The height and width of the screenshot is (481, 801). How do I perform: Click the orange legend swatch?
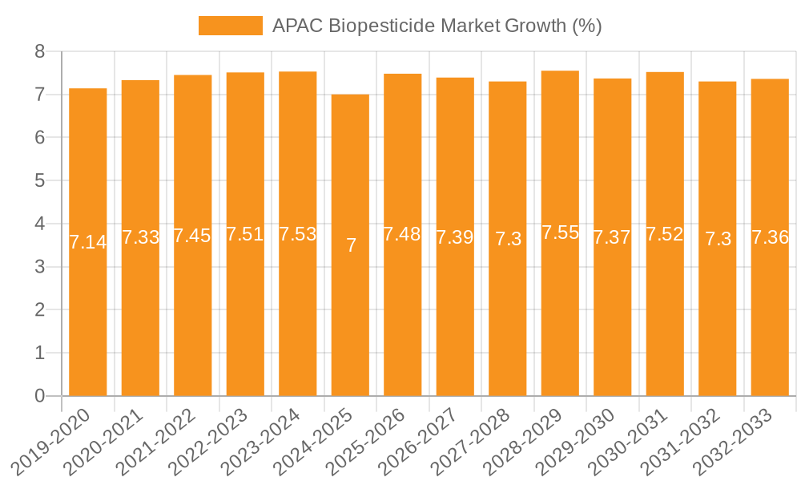pyautogui.click(x=230, y=26)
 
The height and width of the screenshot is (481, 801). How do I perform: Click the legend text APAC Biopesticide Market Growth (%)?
pyautogui.click(x=437, y=26)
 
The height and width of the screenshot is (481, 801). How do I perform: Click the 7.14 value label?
pyautogui.click(x=88, y=242)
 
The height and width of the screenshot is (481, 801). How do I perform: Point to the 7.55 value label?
pyautogui.click(x=560, y=233)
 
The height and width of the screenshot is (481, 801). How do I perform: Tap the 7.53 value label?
pyautogui.click(x=298, y=234)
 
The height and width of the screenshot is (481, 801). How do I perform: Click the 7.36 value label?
pyautogui.click(x=770, y=237)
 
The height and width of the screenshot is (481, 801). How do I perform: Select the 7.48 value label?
pyautogui.click(x=402, y=235)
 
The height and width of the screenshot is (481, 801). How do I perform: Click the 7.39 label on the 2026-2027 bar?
pyautogui.click(x=455, y=237)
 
